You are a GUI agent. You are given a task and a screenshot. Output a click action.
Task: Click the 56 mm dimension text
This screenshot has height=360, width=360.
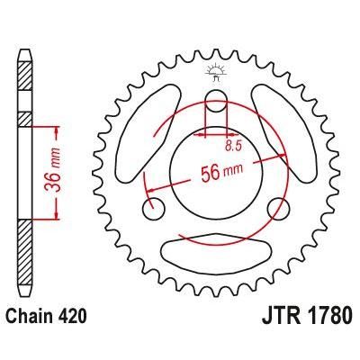pyautogui.click(x=219, y=168)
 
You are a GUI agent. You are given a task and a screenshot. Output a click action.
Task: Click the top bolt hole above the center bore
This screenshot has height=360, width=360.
pyautogui.click(x=216, y=101)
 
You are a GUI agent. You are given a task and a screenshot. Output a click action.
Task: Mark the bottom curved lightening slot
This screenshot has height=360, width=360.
pyautogui.click(x=216, y=245)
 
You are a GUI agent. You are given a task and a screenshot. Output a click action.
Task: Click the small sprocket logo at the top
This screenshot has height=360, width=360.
pyautogui.click(x=216, y=68)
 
